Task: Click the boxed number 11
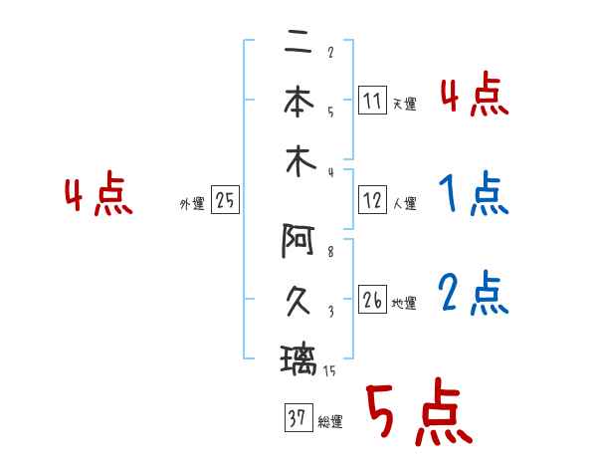click(371, 100)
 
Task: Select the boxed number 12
click(371, 200)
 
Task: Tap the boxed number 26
click(372, 300)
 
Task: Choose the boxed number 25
click(224, 201)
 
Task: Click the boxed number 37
click(296, 419)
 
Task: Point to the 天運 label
click(404, 104)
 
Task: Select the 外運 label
click(191, 204)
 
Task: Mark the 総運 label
click(329, 422)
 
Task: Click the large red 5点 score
click(417, 412)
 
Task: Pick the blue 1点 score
click(473, 195)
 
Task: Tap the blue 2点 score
click(473, 295)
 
